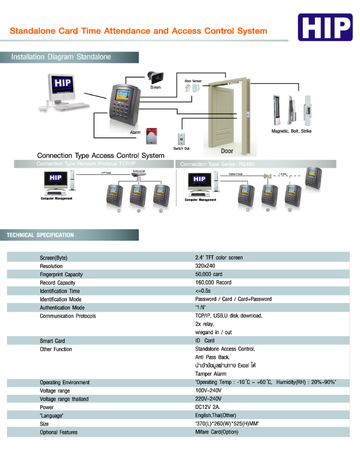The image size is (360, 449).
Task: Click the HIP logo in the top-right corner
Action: [x=325, y=27]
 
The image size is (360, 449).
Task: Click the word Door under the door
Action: [x=227, y=151]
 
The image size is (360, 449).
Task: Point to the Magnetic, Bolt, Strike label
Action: [x=291, y=131]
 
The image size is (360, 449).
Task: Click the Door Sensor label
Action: [x=193, y=81]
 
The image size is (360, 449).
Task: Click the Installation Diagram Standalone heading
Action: [x=61, y=57]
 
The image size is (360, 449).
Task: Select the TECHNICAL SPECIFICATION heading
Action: [x=40, y=235]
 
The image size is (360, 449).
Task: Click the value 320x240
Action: [x=205, y=266]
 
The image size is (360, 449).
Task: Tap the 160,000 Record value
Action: [x=213, y=282]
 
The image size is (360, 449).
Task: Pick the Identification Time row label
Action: [x=60, y=291]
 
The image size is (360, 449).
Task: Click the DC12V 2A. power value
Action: [x=208, y=407]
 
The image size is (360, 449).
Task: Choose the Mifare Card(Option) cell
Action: [x=217, y=432]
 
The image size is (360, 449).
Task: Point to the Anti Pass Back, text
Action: [x=212, y=357]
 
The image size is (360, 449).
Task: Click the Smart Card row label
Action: [x=53, y=341]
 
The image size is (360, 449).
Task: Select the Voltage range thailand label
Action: [x=64, y=399]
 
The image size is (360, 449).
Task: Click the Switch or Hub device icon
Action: [x=139, y=173]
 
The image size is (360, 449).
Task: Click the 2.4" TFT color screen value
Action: [x=219, y=258]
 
